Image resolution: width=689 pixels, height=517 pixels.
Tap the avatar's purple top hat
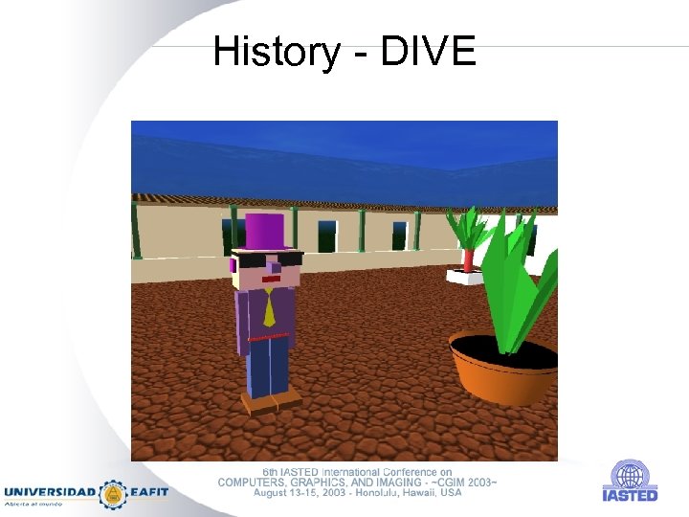[x=266, y=232]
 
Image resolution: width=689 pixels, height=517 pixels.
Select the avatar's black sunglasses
[x=267, y=258]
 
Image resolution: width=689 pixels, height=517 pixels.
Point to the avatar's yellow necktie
[x=269, y=307]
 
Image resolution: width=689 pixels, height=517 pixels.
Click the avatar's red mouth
[x=271, y=280]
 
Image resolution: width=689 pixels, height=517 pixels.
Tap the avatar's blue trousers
[x=268, y=368]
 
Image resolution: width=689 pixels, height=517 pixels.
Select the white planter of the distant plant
[x=467, y=277]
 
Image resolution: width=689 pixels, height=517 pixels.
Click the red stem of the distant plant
[x=469, y=258]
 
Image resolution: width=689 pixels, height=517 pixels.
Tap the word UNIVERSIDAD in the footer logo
[x=50, y=493]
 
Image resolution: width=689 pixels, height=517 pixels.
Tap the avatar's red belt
[x=267, y=337]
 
